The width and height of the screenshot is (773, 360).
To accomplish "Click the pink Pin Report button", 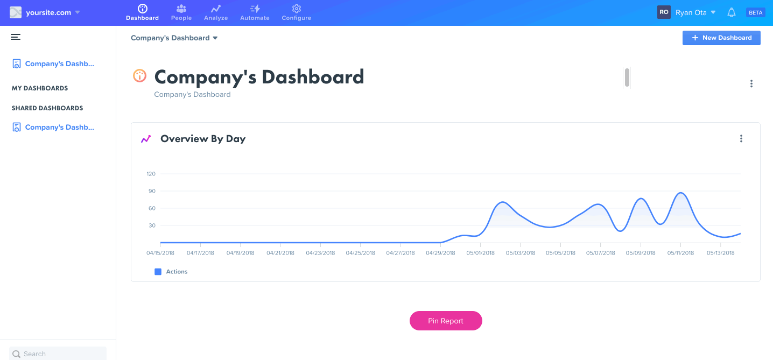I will (x=446, y=321).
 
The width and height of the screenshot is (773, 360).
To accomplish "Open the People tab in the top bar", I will (x=181, y=13).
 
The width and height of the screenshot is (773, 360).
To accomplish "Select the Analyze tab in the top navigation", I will (x=216, y=13).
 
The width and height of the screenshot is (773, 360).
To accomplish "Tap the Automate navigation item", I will (x=255, y=13).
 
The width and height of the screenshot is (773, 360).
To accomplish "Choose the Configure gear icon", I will (x=296, y=9).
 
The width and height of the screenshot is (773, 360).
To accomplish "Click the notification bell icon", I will (x=731, y=12).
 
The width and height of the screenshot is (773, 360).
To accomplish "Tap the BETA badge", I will (x=756, y=12).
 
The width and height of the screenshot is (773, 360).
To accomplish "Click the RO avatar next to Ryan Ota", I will (x=664, y=12).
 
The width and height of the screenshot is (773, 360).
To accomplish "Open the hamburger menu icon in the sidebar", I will (x=16, y=37).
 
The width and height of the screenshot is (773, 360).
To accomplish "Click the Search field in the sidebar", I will (x=58, y=354).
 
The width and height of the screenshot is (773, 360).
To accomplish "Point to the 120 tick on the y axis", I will (x=151, y=174).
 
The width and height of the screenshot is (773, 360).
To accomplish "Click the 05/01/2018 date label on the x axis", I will (x=480, y=253).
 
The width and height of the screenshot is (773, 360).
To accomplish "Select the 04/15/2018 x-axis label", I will (x=160, y=253).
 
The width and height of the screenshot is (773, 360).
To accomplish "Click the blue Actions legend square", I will (x=158, y=272).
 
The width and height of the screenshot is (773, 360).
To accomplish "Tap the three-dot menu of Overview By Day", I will (x=741, y=139).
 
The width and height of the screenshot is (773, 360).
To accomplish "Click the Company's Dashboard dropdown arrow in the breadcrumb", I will (x=215, y=38).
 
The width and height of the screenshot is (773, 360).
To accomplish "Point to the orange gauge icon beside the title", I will (x=140, y=76).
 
